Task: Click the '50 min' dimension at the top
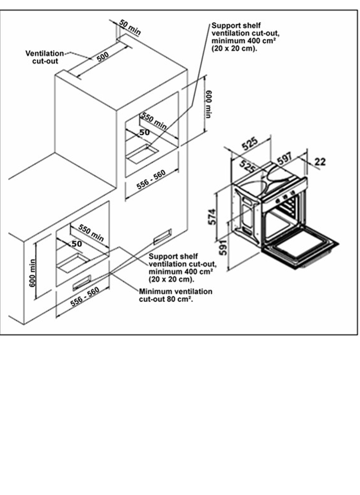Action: click(130, 27)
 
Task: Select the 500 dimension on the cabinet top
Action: click(103, 57)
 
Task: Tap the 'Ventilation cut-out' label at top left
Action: click(45, 57)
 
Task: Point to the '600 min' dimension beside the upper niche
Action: click(208, 104)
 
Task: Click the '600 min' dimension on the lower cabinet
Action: click(32, 274)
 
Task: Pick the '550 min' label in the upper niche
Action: click(154, 121)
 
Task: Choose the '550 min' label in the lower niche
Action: click(91, 233)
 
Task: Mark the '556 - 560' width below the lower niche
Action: click(85, 297)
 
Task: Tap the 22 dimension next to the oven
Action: click(320, 162)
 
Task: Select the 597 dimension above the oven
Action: click(285, 158)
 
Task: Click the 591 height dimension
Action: click(223, 247)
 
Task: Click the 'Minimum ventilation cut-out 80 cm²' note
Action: click(175, 295)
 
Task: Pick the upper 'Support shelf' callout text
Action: click(245, 37)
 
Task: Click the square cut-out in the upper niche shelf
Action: click(142, 154)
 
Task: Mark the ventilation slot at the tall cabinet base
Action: click(162, 237)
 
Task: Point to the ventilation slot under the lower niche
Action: click(82, 283)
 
